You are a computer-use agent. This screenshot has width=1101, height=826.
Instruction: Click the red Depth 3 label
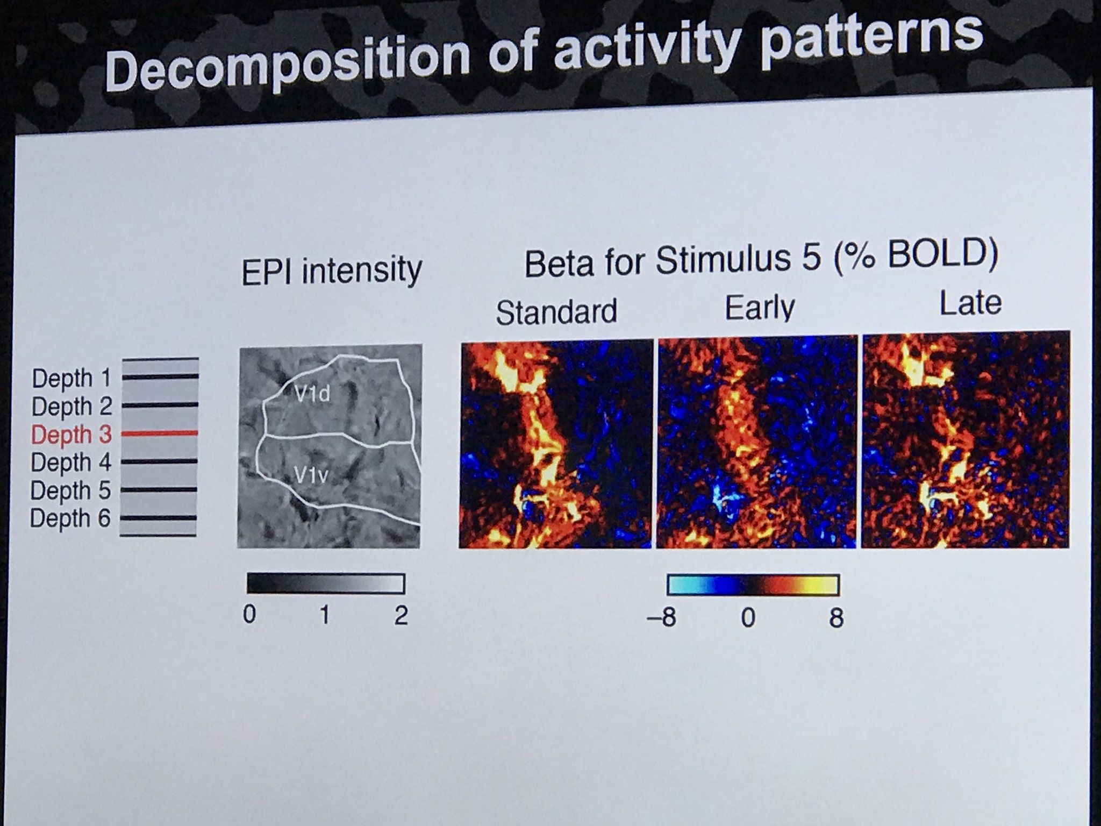pos(72,435)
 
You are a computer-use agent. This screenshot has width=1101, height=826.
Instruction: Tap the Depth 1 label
pos(72,378)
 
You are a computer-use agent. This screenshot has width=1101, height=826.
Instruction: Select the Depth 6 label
pos(70,518)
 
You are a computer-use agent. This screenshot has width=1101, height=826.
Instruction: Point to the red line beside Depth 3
pos(160,432)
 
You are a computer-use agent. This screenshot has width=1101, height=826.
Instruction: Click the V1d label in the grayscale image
pos(313,394)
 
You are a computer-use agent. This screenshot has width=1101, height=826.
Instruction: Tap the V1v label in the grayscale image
pos(311,474)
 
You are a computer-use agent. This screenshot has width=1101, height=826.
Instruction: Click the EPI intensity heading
pos(332,271)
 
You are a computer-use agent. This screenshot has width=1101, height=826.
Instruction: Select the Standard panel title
pos(556,312)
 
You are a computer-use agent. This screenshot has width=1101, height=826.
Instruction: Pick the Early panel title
pos(760,308)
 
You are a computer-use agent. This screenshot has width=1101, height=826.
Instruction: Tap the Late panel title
pos(970,303)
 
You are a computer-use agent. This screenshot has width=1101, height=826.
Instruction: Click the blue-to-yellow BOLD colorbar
pos(753,585)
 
